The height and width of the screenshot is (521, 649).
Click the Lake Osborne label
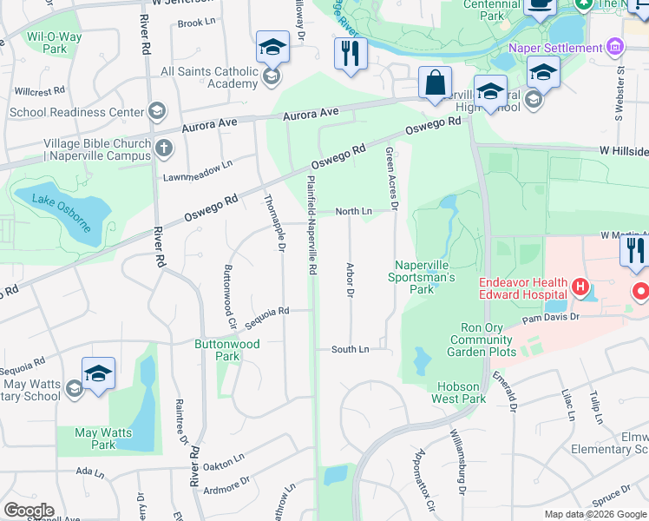(x=62, y=214)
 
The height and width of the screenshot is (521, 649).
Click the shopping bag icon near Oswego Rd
(x=434, y=84)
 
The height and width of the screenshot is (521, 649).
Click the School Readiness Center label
(x=76, y=112)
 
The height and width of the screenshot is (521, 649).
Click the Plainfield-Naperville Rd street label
(x=311, y=225)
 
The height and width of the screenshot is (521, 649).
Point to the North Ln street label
(x=353, y=211)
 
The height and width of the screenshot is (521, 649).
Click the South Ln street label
(x=350, y=349)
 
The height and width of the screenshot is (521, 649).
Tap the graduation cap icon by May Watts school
(x=99, y=374)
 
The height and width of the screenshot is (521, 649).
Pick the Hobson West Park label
(x=459, y=392)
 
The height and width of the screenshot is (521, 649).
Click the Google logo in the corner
(x=29, y=511)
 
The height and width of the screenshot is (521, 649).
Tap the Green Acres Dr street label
(x=390, y=178)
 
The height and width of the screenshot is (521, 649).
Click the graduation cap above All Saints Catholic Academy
(x=272, y=48)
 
